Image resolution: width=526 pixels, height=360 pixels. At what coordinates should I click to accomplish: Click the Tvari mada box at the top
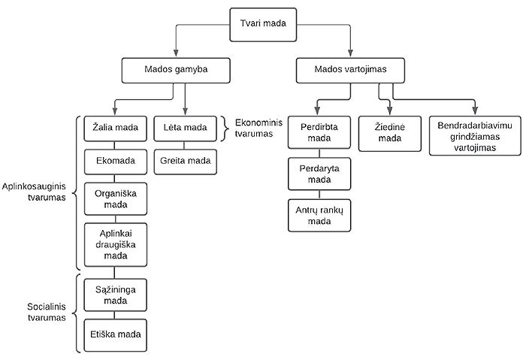tap(261, 23)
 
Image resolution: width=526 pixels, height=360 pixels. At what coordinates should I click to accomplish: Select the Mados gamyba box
tap(175, 71)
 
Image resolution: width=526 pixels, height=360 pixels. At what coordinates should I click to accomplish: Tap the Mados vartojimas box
tap(350, 71)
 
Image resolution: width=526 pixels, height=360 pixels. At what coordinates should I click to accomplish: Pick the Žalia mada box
tap(115, 127)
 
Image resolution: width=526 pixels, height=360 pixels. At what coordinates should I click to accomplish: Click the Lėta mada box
tap(185, 127)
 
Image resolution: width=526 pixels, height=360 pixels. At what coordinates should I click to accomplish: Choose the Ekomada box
tap(115, 160)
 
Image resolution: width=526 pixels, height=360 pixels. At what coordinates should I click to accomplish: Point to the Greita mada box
tap(185, 160)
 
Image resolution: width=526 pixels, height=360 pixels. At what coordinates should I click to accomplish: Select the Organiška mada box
tap(115, 198)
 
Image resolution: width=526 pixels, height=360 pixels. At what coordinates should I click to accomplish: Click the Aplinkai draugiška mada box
tap(115, 244)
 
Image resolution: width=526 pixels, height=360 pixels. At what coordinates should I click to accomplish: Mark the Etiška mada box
tap(115, 332)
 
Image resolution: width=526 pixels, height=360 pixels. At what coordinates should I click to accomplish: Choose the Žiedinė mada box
tap(389, 132)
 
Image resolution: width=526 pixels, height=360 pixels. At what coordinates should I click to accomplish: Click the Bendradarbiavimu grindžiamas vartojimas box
tap(475, 136)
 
